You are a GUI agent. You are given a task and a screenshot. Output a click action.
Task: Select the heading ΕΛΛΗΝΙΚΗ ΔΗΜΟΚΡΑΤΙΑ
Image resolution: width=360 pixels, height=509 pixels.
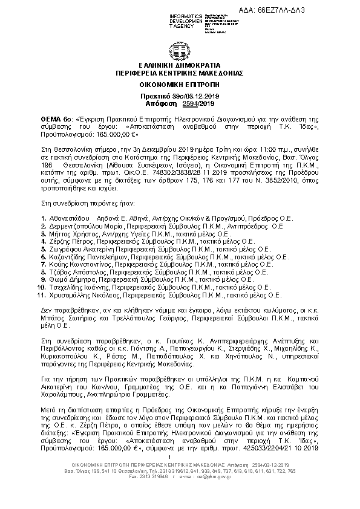pos(179,65)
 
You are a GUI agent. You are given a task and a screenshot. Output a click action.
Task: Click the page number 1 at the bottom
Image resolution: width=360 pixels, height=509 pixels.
pos(180,456)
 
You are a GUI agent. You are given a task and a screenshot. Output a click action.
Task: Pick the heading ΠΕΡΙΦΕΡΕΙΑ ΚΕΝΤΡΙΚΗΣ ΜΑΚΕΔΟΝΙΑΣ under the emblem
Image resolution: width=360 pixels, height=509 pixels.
pos(179,72)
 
